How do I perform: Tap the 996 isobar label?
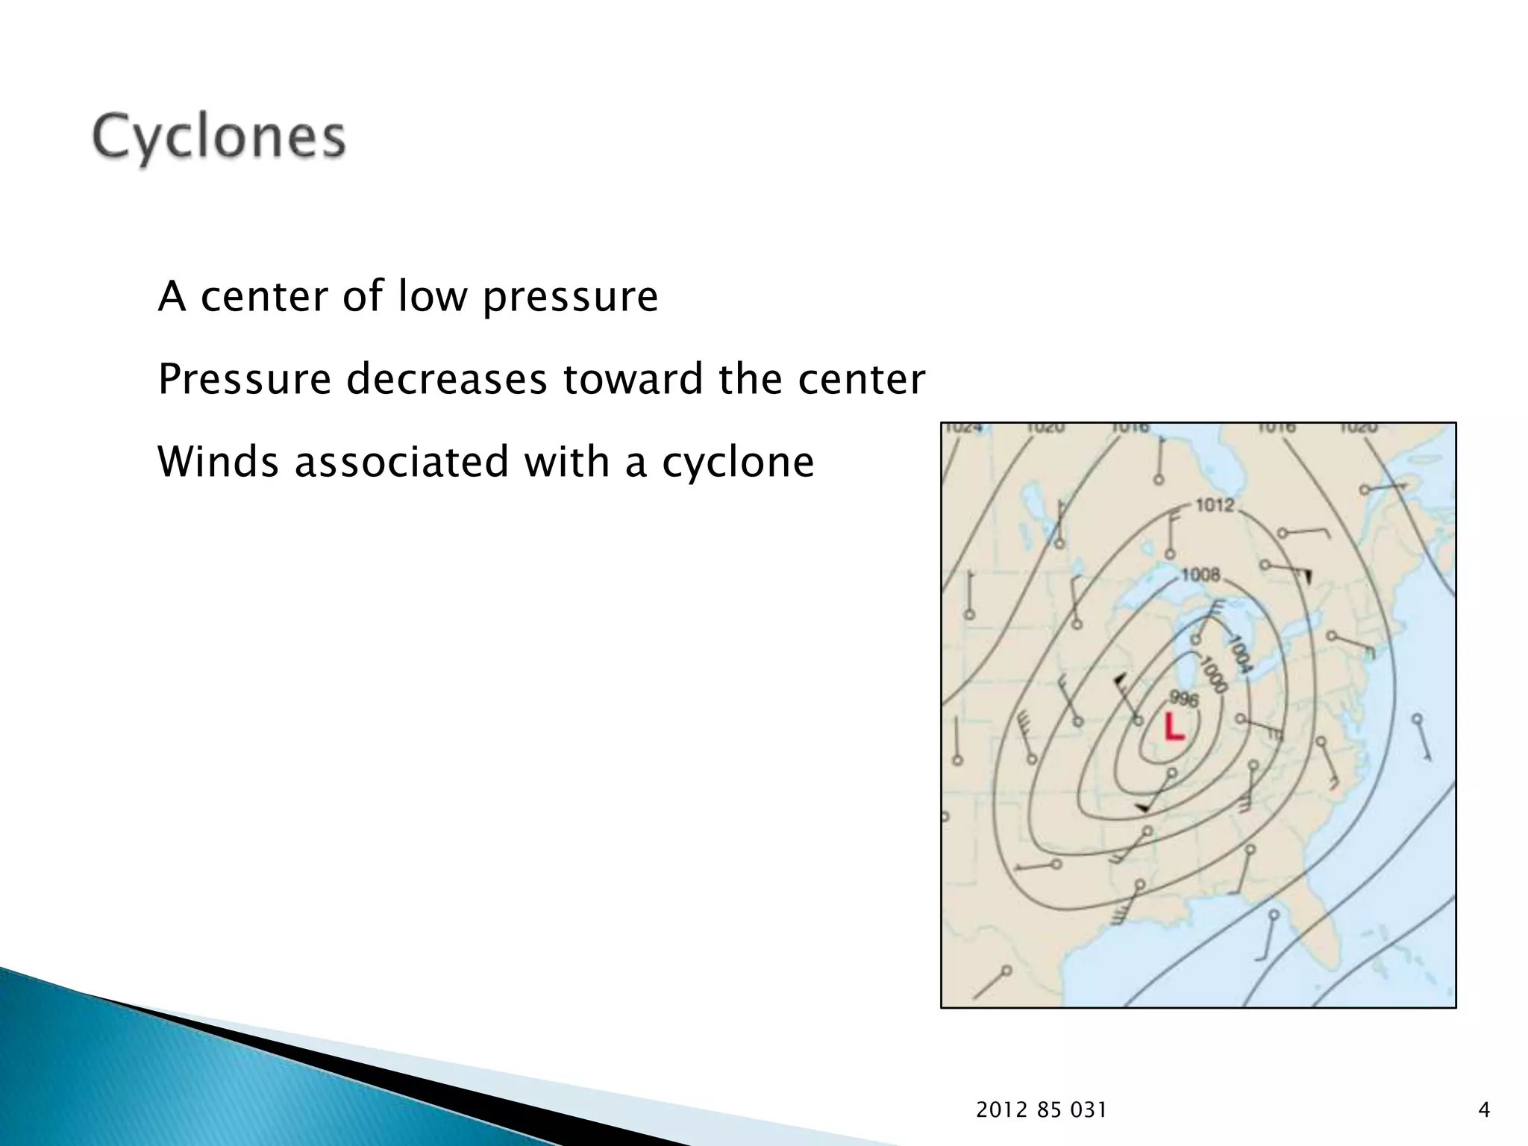[1183, 698]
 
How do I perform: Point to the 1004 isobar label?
[1239, 654]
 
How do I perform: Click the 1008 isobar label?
[1200, 574]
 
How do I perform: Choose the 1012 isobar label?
[1215, 506]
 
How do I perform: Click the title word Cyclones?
[219, 138]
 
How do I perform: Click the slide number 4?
[1483, 1110]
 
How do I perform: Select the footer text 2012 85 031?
[1041, 1110]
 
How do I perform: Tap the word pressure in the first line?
[569, 298]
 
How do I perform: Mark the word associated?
[401, 461]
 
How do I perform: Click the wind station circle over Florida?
[1274, 915]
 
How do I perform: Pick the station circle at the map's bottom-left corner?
[1006, 971]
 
